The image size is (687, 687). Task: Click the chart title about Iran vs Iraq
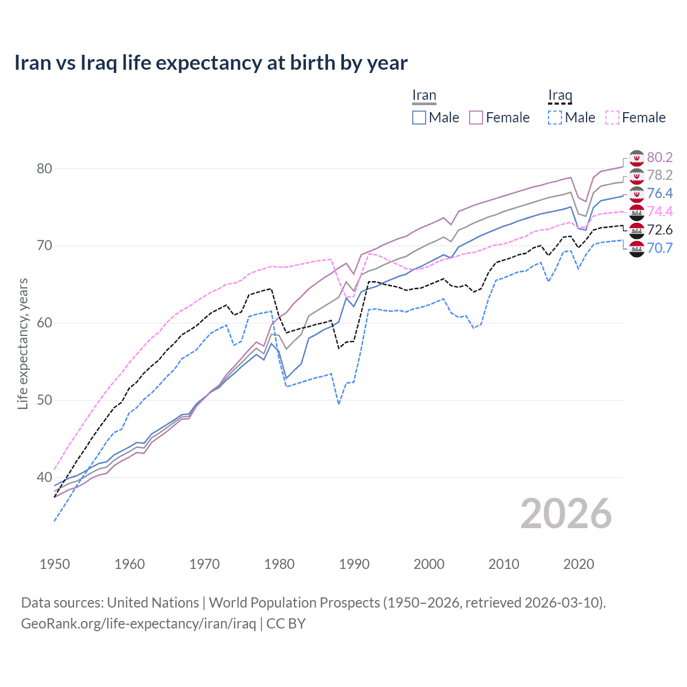(x=211, y=63)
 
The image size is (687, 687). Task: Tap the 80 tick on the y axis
(x=44, y=169)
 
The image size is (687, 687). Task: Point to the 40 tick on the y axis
(x=44, y=477)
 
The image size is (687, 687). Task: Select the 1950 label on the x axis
(x=55, y=564)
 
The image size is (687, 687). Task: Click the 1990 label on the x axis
(x=354, y=564)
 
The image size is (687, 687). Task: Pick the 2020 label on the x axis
(x=579, y=564)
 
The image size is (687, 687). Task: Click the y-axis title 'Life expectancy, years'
(x=23, y=343)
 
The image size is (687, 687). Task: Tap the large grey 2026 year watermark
(x=566, y=514)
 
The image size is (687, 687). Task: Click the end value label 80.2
(x=660, y=157)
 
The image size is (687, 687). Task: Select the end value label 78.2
(x=660, y=175)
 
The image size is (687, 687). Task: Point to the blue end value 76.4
(x=660, y=193)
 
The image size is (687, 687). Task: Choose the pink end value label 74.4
(x=660, y=211)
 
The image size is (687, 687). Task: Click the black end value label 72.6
(x=660, y=230)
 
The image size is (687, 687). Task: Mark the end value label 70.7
(x=660, y=248)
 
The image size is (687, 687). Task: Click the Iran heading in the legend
(x=424, y=96)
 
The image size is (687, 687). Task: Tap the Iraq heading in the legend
(x=560, y=96)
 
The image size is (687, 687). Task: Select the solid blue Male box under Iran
(x=419, y=118)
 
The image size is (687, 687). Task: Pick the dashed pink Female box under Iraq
(x=612, y=118)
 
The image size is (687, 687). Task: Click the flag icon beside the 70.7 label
(x=637, y=249)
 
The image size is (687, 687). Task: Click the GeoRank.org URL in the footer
(x=138, y=624)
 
